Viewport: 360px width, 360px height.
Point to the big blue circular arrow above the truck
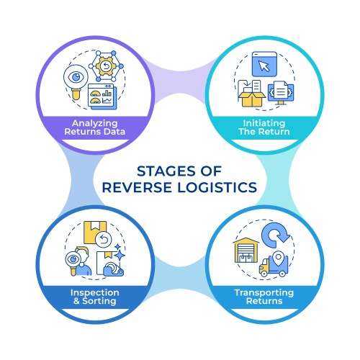(276, 237)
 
